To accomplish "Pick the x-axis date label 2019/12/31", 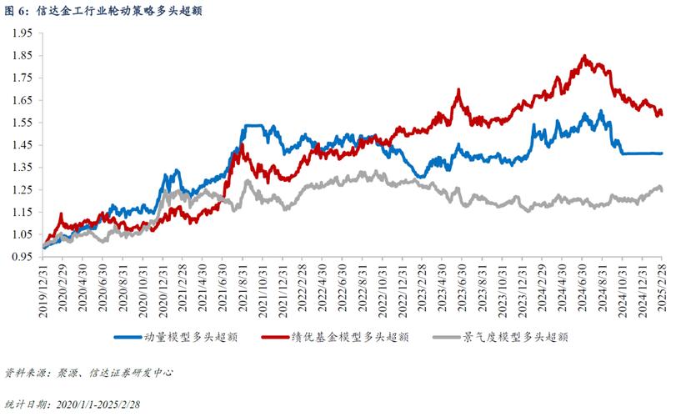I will pos(43,288).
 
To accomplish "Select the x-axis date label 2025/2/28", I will pos(661,288).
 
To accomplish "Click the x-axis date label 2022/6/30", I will pos(343,288).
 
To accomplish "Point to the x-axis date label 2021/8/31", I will pos(243,288).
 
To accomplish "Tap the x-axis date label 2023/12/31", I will pos(522,288).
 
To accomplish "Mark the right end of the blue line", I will pos(662,153).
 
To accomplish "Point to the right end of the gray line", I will pos(662,190).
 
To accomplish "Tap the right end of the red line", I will pos(662,113).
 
